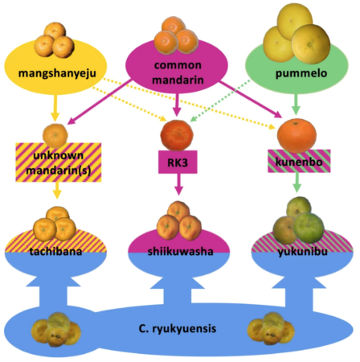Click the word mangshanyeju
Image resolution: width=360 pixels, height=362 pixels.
(57, 73)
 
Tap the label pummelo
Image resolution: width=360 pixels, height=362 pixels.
(301, 73)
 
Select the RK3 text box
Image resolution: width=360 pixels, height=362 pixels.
(178, 162)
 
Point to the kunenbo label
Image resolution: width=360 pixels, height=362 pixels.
(299, 162)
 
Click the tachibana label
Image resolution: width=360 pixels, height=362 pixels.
(55, 252)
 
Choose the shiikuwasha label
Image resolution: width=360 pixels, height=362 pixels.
(180, 252)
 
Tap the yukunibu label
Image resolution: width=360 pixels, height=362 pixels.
(302, 252)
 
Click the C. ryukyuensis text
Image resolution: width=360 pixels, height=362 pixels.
(178, 328)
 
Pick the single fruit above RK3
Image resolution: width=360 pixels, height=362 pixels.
(177, 135)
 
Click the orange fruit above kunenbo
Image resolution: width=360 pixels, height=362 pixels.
(297, 136)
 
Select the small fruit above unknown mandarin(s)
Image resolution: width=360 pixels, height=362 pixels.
(55, 135)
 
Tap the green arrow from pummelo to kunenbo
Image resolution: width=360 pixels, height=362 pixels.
(296, 104)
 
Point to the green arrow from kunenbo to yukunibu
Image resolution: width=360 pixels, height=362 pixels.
(297, 183)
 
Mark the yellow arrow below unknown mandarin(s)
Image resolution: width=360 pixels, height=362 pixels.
(57, 191)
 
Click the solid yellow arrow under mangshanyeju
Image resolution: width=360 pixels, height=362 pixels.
(55, 108)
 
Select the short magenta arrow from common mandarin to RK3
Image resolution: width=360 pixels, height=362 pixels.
(177, 105)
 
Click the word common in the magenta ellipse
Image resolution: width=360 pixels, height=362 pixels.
(178, 65)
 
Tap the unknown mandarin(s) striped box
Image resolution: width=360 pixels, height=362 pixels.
(59, 162)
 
